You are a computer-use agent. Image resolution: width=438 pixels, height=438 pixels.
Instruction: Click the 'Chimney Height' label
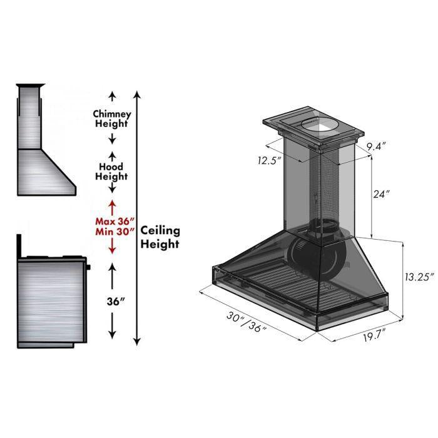coord(112,119)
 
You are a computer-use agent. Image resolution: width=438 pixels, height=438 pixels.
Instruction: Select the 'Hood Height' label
coord(112,171)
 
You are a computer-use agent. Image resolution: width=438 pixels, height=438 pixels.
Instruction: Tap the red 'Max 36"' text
coord(113,221)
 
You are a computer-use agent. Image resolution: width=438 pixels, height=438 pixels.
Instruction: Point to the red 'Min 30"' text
coord(113,232)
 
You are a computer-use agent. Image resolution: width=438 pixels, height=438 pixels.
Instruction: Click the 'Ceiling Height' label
coord(160,237)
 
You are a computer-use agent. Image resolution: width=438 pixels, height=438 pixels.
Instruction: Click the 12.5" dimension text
coord(268,161)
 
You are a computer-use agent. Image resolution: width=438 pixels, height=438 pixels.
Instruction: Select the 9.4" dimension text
coord(376,146)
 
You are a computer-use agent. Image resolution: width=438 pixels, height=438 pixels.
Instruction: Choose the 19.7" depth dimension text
coord(371,336)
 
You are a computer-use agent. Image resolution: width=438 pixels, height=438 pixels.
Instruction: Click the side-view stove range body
coord(50,300)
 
